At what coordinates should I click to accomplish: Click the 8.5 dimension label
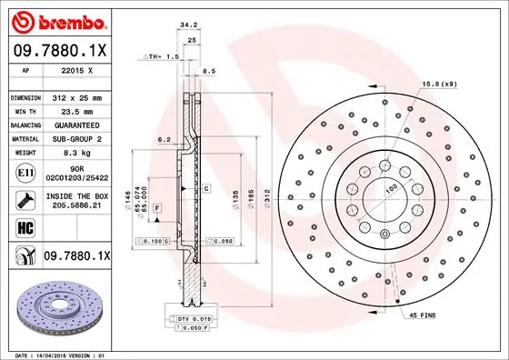click(x=209, y=70)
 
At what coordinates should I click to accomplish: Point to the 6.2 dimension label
click(x=164, y=139)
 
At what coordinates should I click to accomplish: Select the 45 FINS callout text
click(x=424, y=315)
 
